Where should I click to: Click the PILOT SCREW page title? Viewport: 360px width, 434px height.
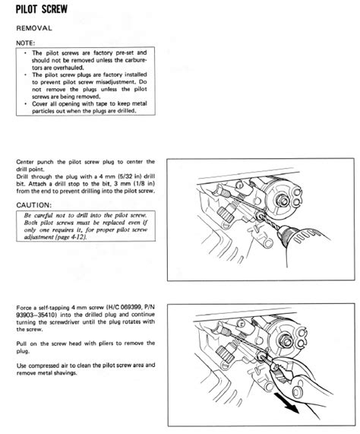42,9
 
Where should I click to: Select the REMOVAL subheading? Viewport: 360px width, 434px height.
34,28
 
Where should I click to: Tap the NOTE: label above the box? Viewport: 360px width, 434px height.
25,43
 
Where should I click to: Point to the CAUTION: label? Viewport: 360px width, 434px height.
34,205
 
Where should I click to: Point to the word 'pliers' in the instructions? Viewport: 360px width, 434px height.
106,344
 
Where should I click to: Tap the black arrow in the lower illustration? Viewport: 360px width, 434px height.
287,404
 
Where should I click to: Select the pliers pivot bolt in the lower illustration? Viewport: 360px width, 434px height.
298,391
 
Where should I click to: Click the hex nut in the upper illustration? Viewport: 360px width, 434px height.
282,200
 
